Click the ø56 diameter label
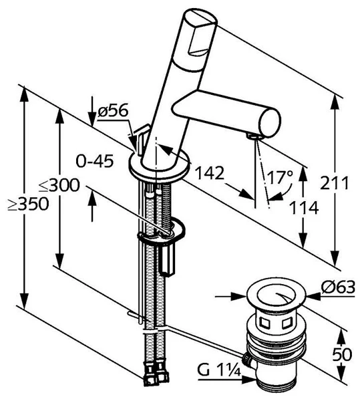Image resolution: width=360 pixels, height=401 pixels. (x=113, y=112)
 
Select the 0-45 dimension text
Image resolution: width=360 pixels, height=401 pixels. (x=95, y=161)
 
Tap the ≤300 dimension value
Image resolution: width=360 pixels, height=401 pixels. (x=59, y=185)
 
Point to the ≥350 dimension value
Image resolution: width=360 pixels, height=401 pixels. (x=28, y=205)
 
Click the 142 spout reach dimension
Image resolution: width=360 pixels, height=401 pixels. (x=210, y=173)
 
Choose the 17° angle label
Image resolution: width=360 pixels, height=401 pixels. (x=280, y=177)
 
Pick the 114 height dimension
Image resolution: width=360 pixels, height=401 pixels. (x=304, y=208)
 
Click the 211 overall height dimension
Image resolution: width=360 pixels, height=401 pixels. (x=335, y=183)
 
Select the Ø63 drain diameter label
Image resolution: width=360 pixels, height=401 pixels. (x=338, y=287)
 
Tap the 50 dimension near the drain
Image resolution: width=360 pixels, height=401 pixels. (x=342, y=355)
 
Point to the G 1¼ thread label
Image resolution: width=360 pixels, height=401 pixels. (x=219, y=370)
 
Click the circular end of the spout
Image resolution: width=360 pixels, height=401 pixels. (x=270, y=123)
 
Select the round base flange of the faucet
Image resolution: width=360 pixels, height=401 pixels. (x=160, y=166)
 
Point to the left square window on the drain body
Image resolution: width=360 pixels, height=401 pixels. (x=264, y=323)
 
